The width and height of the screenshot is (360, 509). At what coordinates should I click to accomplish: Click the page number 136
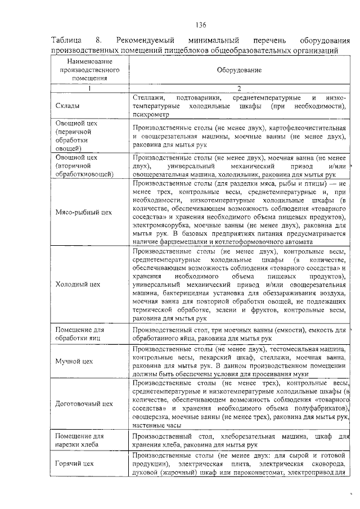tap(201, 25)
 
